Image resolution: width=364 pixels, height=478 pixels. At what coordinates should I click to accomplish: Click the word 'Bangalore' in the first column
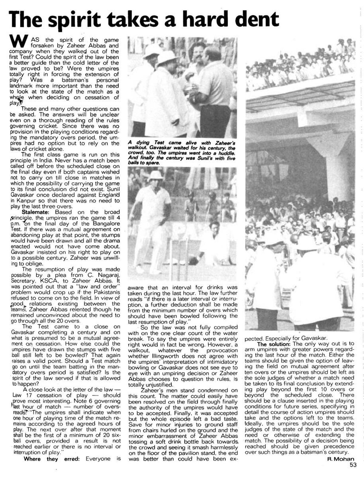click(x=106, y=223)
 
